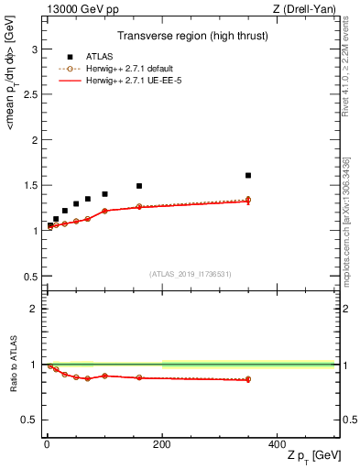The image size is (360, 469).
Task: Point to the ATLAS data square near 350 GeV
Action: (248, 175)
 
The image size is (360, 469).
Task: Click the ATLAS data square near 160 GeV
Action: (139, 186)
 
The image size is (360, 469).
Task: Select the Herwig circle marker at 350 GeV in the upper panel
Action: (248, 200)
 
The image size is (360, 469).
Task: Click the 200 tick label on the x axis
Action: (162, 443)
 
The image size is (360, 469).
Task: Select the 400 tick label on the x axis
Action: (278, 443)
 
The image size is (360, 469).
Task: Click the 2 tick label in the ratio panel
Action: (35, 309)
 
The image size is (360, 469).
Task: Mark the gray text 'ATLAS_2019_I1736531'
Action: (191, 274)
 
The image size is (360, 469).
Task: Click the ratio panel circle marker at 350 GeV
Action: (248, 379)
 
